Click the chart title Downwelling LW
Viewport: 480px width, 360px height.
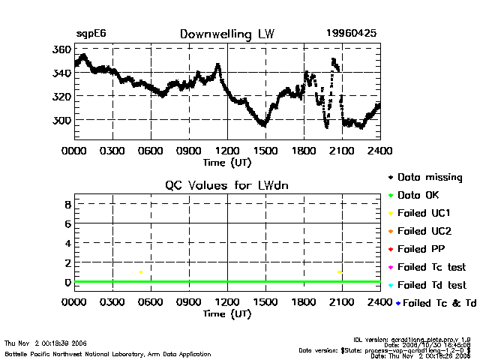(226, 34)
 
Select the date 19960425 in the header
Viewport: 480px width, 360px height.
(352, 34)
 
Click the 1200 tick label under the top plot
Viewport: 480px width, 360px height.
(227, 150)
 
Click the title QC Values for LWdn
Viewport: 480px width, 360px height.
(226, 185)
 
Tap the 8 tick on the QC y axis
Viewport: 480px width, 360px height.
(67, 204)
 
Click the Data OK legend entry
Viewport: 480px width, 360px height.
(418, 196)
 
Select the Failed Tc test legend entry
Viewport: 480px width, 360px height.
(430, 267)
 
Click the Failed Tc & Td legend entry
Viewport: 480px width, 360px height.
(433, 303)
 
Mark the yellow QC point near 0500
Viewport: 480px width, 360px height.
(141, 271)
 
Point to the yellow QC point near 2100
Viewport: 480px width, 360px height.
(340, 271)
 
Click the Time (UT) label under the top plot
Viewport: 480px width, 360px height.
(226, 161)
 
